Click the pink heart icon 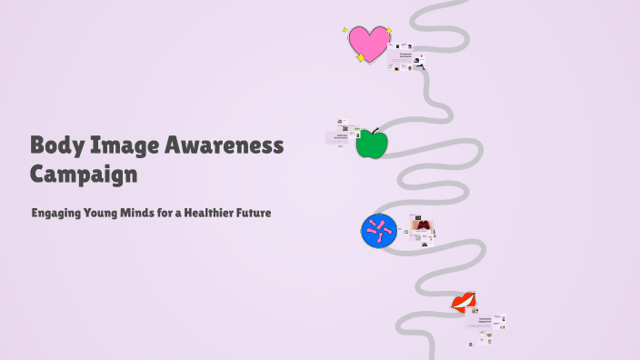point(368,43)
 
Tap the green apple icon point(371,145)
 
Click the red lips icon point(465,302)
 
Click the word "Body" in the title point(56,145)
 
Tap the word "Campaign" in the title point(84,173)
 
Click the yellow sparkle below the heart point(360,58)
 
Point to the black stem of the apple point(375,131)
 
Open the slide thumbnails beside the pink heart point(405,57)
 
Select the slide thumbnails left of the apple point(339,134)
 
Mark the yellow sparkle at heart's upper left point(345,30)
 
